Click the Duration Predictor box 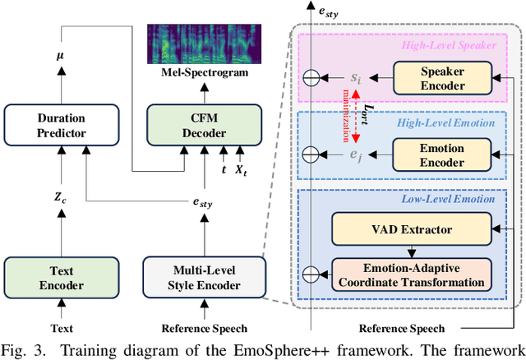[x=53, y=123]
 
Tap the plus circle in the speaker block [x=309, y=79]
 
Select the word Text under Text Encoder [x=53, y=329]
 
